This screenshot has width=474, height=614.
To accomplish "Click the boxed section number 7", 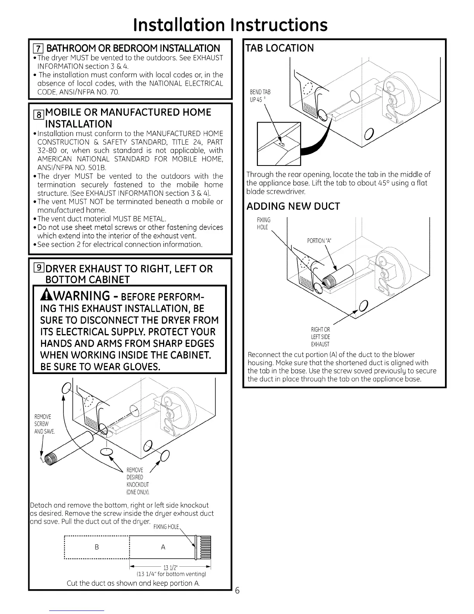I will point(38,48).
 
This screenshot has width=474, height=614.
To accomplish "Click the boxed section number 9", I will point(39,268).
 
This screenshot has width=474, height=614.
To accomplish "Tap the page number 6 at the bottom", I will point(237,591).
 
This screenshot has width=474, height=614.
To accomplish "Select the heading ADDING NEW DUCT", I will point(293,206).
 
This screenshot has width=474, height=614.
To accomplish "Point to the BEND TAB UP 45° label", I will point(261,95).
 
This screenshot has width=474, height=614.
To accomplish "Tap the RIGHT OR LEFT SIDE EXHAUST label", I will point(320,337).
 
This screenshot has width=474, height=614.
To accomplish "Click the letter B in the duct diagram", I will point(96,547).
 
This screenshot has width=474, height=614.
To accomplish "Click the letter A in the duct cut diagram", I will point(163,547).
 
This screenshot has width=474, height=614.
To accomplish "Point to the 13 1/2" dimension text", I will point(168,569).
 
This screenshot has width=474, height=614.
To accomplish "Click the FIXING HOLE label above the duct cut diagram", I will point(166,527).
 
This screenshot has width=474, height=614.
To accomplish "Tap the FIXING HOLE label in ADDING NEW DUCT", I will point(263,223).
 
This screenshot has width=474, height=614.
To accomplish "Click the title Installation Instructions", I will point(230,24).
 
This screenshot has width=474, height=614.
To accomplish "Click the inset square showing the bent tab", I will point(279,143).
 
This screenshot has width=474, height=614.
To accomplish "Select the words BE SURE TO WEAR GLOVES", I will point(101,367).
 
